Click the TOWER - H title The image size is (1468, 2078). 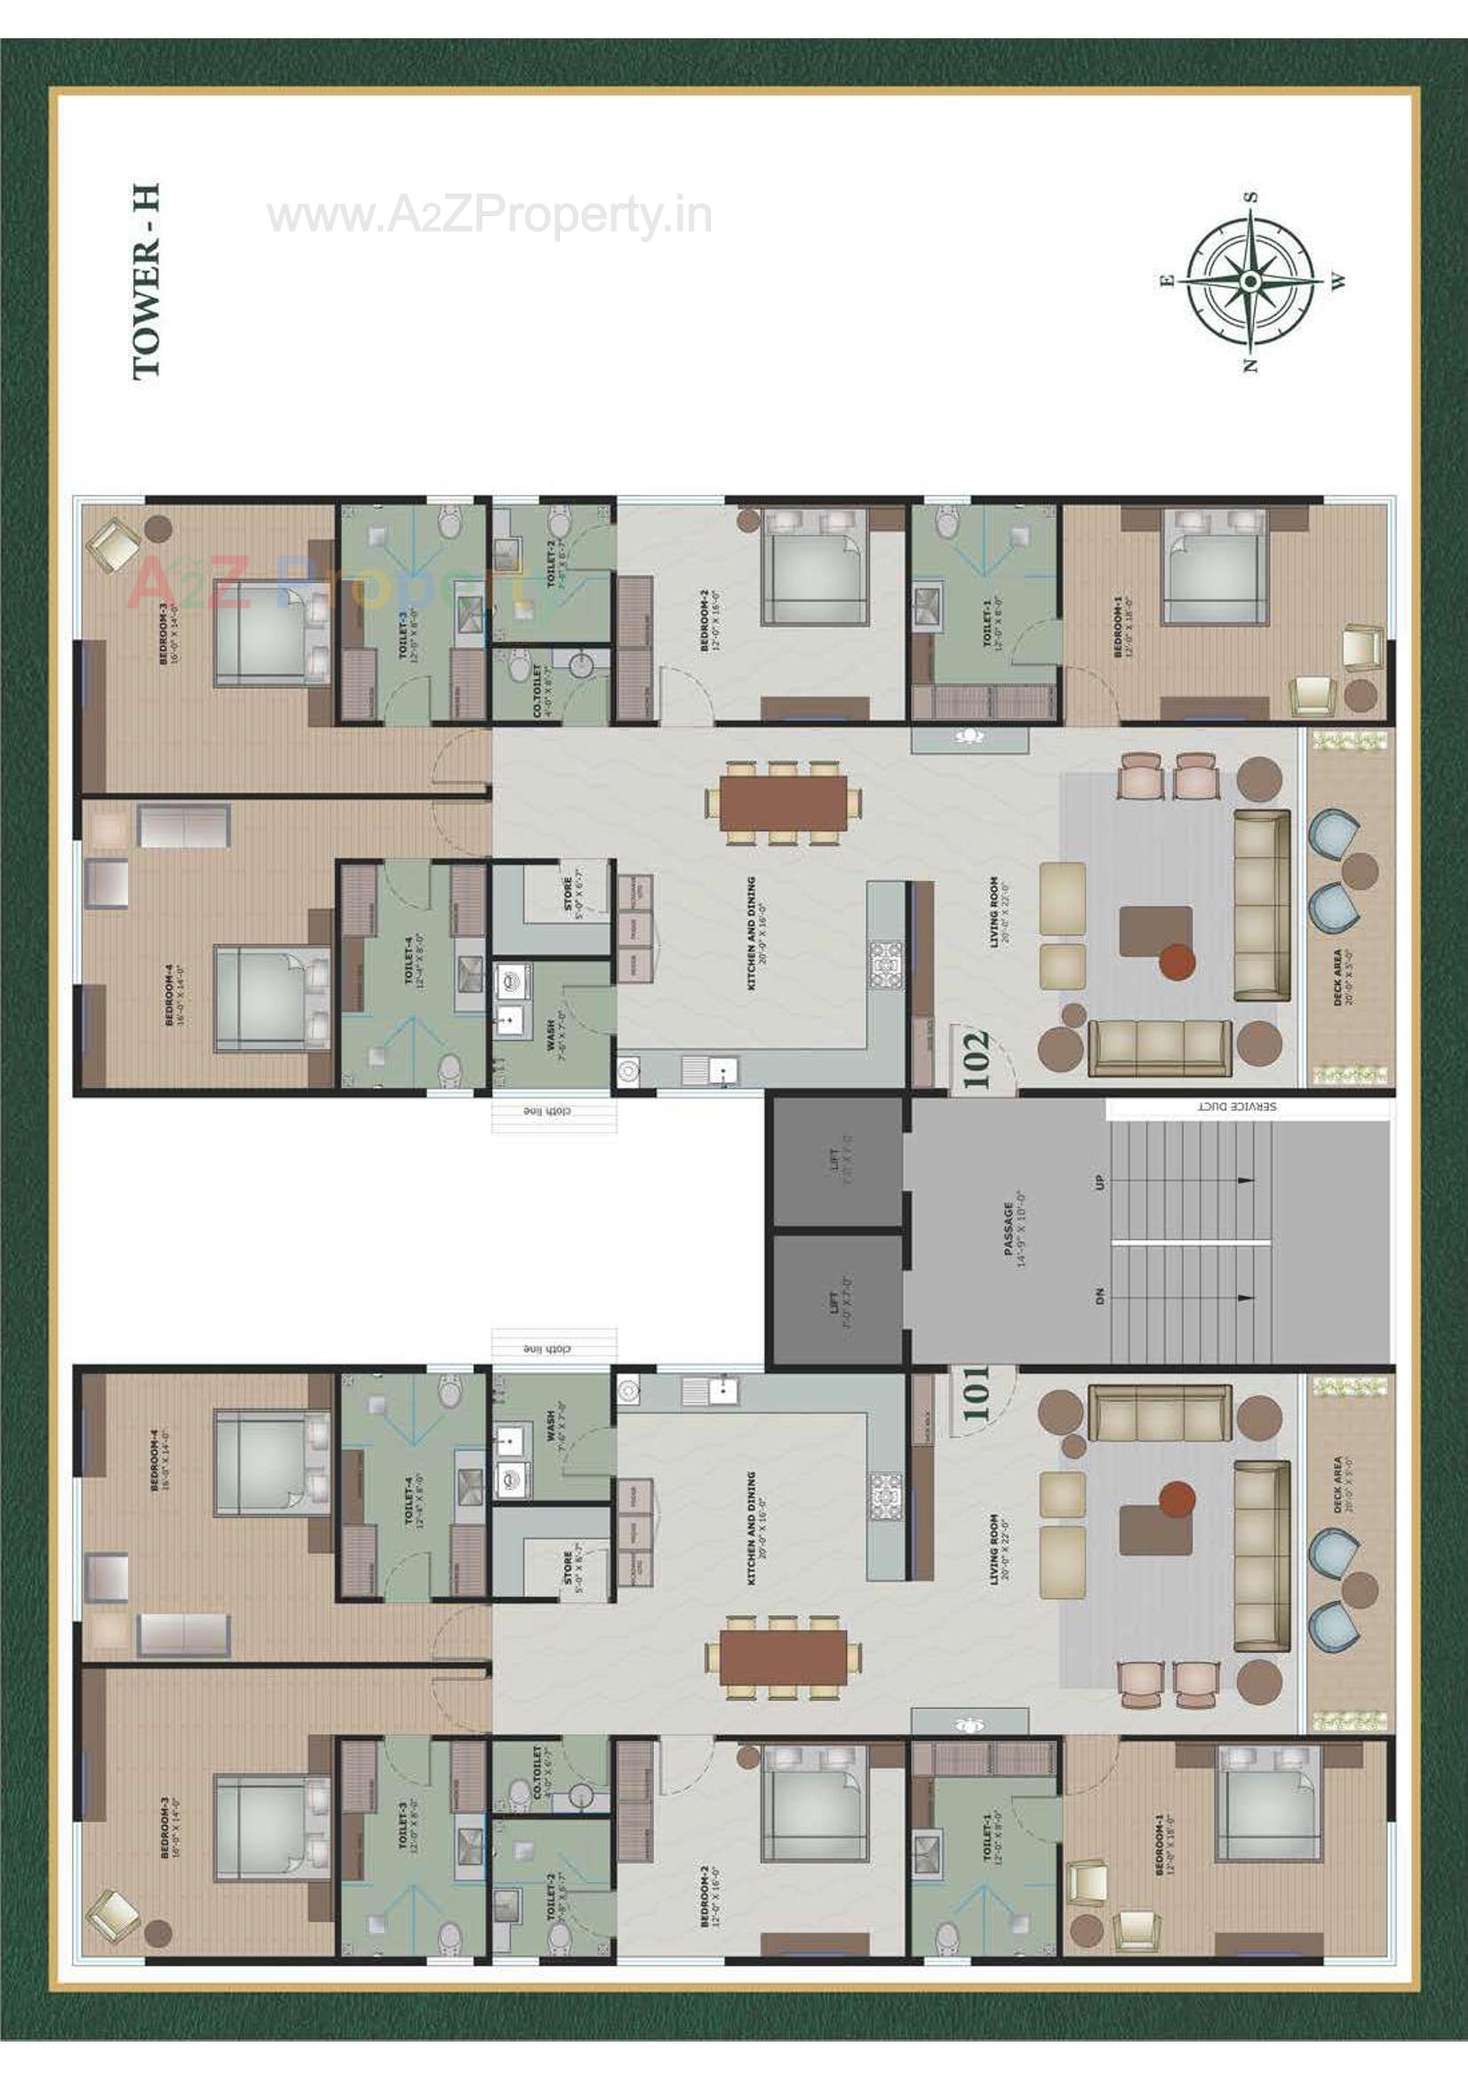(147, 282)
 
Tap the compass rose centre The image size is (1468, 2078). (1250, 282)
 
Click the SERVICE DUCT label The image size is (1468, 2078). (1237, 1106)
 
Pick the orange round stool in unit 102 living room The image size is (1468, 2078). (1177, 958)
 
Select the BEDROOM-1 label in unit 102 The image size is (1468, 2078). (1122, 627)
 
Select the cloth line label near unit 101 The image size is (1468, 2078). (547, 1349)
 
